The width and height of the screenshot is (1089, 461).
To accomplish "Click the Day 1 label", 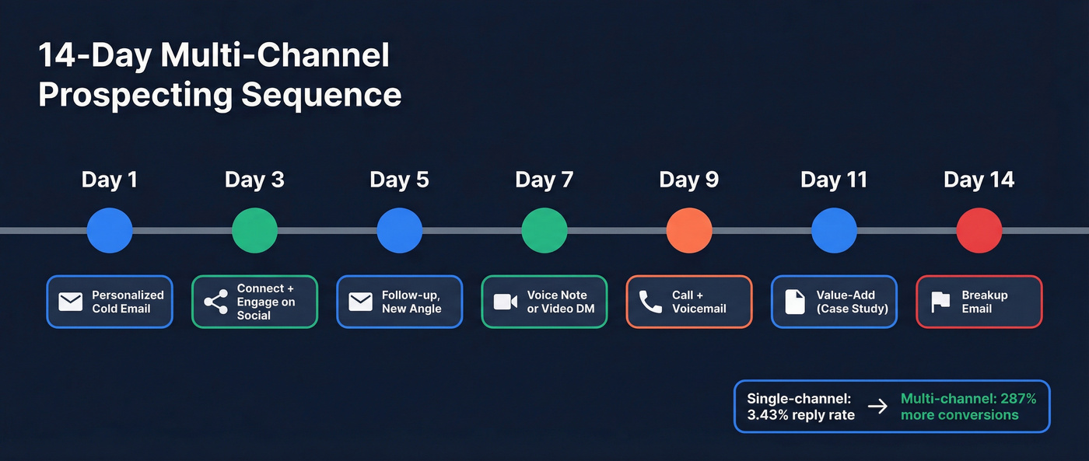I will coord(109,180).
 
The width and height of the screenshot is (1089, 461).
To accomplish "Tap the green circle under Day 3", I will coord(254,230).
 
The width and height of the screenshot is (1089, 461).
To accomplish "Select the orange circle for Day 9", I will coord(689,230).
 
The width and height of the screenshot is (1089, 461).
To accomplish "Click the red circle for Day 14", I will coord(979,230).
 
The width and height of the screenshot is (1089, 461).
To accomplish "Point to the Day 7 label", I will coord(544,180).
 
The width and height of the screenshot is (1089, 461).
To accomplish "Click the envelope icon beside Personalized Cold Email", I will coord(71,302).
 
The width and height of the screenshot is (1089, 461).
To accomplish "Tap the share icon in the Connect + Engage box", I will coord(215,302).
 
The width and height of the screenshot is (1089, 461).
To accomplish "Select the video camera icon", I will coord(506,302).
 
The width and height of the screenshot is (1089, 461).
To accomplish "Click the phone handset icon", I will coord(650,302).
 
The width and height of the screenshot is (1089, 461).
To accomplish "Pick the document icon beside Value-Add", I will coord(795,302).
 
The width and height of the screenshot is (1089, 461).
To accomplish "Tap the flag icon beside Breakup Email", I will coord(940,302).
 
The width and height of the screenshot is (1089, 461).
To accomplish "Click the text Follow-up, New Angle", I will coord(411,302).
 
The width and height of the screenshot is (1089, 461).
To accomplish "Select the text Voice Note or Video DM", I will coord(557,302).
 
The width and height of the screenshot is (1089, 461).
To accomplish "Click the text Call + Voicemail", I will coord(699,302).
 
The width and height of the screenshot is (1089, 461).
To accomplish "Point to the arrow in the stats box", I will coord(877,407).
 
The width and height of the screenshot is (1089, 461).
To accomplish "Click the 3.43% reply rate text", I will coord(800,415).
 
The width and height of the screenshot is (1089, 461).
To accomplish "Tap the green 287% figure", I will coord(1018,399).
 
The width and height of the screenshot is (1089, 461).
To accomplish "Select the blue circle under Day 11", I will coord(834,230).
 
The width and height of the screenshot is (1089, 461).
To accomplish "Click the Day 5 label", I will coord(399,180).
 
